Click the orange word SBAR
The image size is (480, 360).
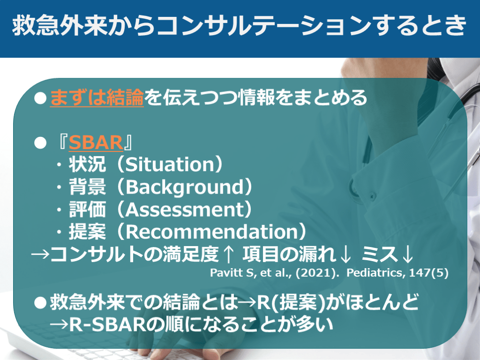click(x=96, y=142)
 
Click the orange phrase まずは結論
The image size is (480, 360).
click(x=97, y=97)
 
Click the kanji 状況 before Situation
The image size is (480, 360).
click(x=87, y=165)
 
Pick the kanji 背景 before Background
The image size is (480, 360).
click(x=87, y=187)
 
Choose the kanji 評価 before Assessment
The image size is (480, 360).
click(x=87, y=210)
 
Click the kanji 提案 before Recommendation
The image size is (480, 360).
click(x=87, y=232)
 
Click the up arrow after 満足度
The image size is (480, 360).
click(x=228, y=255)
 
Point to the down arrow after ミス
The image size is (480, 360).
click(x=407, y=255)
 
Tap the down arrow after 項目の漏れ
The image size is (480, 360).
click(x=345, y=255)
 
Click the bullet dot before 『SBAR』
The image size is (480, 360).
click(x=40, y=143)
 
